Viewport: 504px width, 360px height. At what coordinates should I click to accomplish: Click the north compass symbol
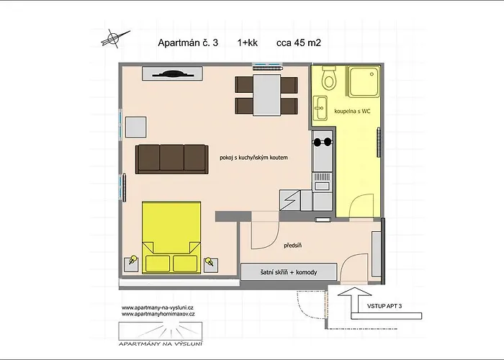(x=115, y=39)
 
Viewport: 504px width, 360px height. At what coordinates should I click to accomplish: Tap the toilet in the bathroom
(x=329, y=78)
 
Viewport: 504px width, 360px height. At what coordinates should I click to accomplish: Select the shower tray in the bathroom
(x=362, y=82)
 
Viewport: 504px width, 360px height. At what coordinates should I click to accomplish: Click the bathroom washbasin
(x=320, y=108)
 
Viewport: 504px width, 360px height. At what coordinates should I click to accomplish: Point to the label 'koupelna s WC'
(x=352, y=111)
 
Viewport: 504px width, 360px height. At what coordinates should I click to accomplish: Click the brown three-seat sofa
(x=171, y=159)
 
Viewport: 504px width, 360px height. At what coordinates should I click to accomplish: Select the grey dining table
(x=267, y=95)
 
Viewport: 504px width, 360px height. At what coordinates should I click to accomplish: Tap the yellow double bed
(x=171, y=237)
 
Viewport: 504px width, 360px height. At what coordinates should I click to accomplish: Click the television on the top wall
(x=173, y=73)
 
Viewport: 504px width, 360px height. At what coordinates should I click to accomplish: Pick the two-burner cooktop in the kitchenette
(x=323, y=142)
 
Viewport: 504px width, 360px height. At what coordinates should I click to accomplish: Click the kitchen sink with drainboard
(x=322, y=182)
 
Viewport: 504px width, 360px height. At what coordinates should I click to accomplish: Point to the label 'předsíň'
(x=293, y=246)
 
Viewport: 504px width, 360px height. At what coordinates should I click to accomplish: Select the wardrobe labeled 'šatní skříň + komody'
(x=289, y=272)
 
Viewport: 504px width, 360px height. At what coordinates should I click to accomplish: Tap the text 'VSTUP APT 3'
(x=384, y=306)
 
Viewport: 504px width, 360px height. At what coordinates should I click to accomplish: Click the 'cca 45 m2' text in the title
(x=299, y=42)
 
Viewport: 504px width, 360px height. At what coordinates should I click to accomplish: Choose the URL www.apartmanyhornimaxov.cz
(x=158, y=314)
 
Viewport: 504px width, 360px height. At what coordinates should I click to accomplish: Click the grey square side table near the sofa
(x=135, y=127)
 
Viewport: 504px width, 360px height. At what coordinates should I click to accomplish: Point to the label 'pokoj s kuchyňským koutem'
(x=253, y=158)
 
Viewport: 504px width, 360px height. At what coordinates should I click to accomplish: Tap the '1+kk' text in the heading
(x=247, y=42)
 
